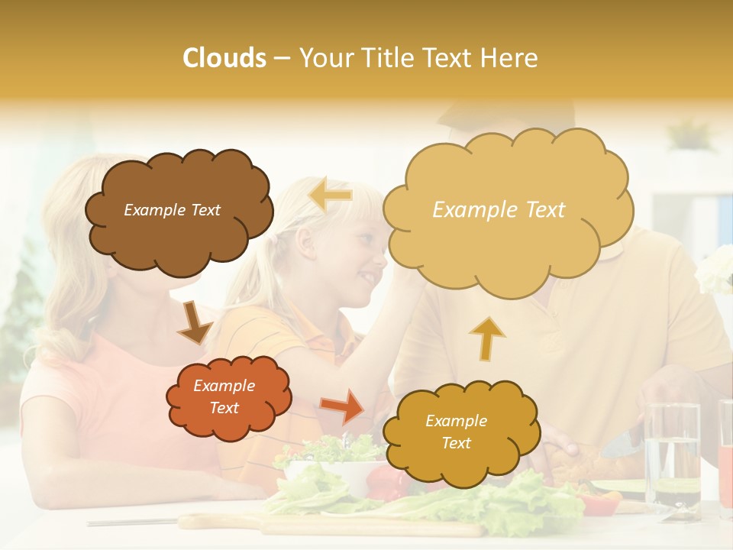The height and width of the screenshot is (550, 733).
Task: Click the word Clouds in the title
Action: (224, 58)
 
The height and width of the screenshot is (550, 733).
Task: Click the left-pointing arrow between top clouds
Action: (330, 195)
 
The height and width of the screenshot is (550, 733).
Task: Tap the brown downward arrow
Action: (195, 323)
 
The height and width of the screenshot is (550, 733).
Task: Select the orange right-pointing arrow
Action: (343, 406)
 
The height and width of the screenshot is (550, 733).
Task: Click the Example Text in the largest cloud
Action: (499, 210)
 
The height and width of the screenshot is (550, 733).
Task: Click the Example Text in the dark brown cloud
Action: (173, 210)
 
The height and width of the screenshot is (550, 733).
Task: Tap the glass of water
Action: (672, 455)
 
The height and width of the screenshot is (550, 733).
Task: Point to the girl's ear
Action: (305, 242)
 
